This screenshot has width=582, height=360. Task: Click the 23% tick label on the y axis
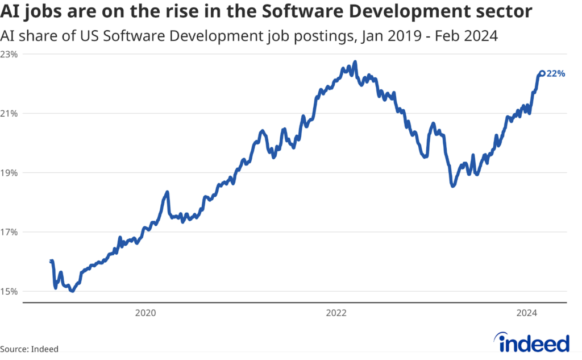[9, 54]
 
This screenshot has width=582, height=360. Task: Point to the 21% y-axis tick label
[9, 113]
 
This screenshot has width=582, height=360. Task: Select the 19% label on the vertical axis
[9, 173]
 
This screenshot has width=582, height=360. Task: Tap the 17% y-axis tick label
[9, 232]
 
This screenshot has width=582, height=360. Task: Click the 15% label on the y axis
[9, 292]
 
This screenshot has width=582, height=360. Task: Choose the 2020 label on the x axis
[145, 312]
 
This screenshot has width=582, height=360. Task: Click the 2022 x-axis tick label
[336, 312]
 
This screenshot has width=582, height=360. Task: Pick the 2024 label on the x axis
[527, 312]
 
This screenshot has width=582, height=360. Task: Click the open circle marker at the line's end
[542, 73]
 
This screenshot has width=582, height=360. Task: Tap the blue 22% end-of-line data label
[556, 73]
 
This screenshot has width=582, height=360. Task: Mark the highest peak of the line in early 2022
[355, 62]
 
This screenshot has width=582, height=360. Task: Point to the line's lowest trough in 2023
[452, 185]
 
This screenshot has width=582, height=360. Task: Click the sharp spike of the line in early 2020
[167, 192]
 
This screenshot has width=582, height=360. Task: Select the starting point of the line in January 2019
[51, 261]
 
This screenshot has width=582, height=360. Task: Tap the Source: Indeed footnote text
[30, 349]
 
